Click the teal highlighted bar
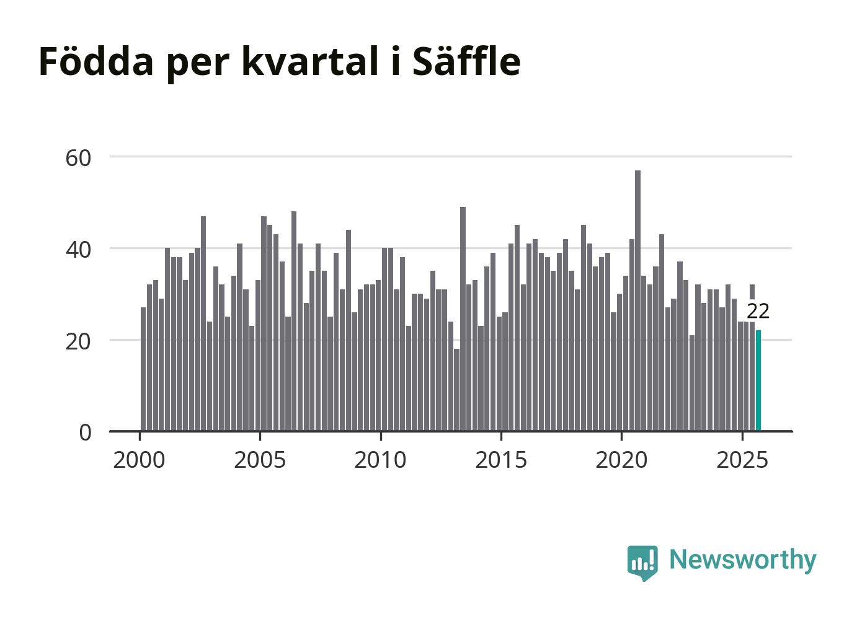coord(758,380)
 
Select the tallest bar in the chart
coord(637,301)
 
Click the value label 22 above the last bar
coord(758,311)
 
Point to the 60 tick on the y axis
coord(78,158)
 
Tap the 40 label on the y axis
coord(78,250)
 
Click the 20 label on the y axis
coord(78,341)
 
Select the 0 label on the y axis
coord(85,432)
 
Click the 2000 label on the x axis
coord(139,460)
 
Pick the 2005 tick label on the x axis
coord(260,460)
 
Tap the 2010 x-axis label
coord(380,460)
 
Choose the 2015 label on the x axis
coord(501,460)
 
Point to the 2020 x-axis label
coord(621,460)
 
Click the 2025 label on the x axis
coord(742,460)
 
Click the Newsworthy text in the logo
coord(742,560)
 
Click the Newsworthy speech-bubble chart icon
coord(642,562)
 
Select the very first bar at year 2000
coord(143,369)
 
